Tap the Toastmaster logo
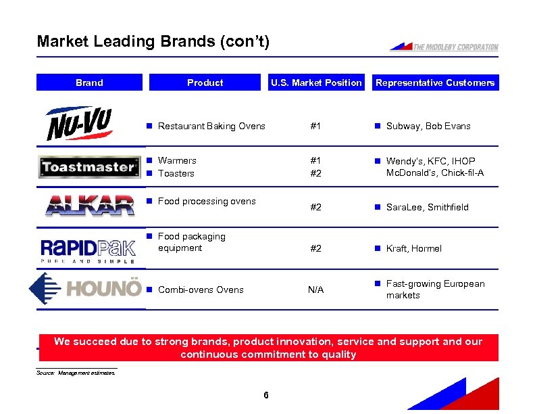[x=89, y=166]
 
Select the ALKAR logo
[x=89, y=204]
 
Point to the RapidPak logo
[x=88, y=248]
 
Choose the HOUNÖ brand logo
[x=86, y=289]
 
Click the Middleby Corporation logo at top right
[x=444, y=47]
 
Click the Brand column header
[x=89, y=83]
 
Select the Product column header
[x=205, y=83]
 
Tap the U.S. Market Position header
[x=316, y=83]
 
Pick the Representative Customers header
[x=435, y=83]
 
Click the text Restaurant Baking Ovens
[x=211, y=126]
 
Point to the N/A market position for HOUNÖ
[x=315, y=290]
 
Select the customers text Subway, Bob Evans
[x=428, y=126]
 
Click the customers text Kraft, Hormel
[x=413, y=248]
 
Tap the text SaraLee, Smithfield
[x=427, y=207]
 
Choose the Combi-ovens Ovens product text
[x=201, y=290]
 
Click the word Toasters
[x=176, y=173]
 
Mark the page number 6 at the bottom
[x=267, y=395]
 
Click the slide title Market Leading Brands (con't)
[x=153, y=41]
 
